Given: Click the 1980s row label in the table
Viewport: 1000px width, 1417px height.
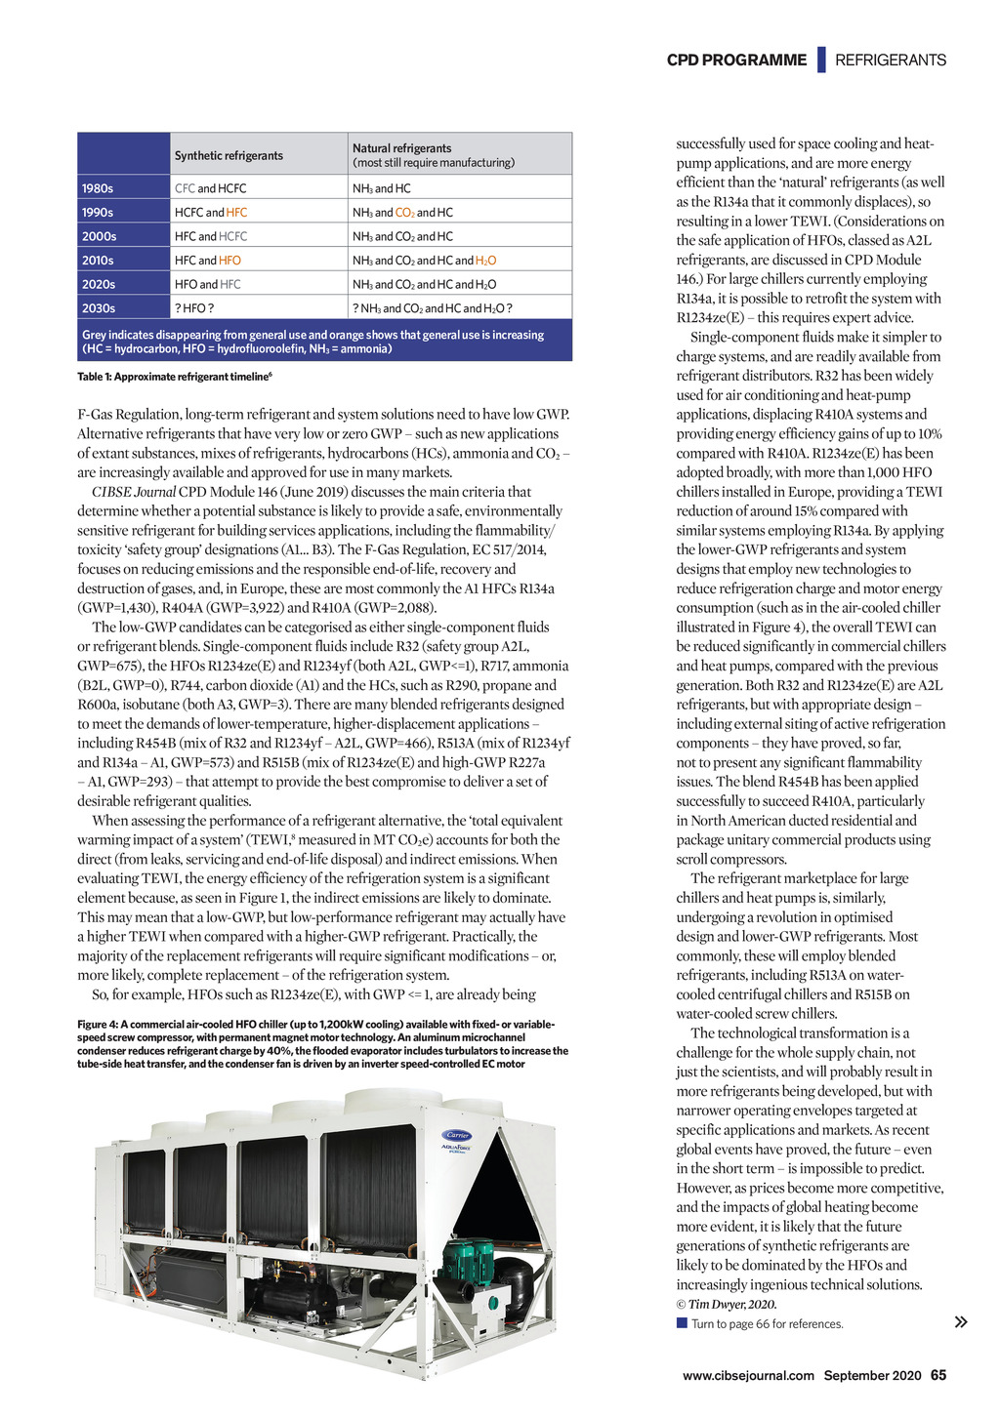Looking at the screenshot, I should [x=98, y=188].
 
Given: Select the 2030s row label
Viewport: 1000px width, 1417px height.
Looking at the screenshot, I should [x=98, y=308].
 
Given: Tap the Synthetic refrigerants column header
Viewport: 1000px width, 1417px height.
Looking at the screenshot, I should [x=229, y=155].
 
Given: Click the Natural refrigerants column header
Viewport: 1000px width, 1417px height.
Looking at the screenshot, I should [x=402, y=148].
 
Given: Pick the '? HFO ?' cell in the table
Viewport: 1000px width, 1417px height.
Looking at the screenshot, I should [x=194, y=308].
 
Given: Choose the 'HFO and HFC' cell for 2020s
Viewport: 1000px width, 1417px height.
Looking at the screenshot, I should [x=207, y=284].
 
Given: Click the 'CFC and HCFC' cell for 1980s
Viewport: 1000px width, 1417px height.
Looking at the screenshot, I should [x=210, y=188].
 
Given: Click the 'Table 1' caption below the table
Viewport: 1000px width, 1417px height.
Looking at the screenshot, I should [x=174, y=377].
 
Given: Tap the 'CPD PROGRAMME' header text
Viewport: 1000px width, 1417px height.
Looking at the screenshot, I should [x=736, y=60].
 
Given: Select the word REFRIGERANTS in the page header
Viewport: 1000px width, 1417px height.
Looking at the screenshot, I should [x=891, y=60].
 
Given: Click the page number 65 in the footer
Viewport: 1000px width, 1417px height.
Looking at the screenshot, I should [x=938, y=1375].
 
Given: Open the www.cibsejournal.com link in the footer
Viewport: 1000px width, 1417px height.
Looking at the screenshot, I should [x=748, y=1375].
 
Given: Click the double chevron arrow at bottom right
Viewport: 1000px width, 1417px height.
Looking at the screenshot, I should [x=961, y=1322].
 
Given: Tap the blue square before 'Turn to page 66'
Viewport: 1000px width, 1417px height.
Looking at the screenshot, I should [x=682, y=1323].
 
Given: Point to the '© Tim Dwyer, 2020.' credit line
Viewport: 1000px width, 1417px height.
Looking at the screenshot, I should [x=727, y=1304].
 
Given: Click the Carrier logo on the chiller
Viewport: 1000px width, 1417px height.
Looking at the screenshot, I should [x=458, y=1135].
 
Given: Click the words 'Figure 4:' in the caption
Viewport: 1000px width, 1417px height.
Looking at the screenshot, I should [x=98, y=1024].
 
